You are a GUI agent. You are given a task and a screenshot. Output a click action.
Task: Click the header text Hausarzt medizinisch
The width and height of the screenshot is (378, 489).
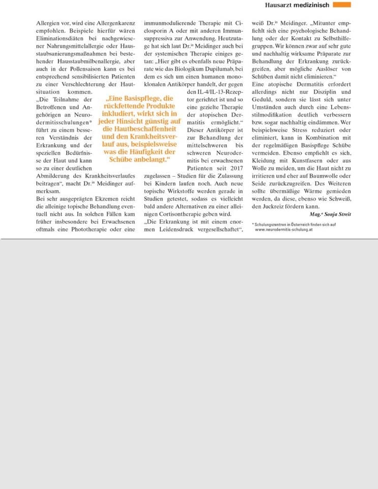pos(297,5)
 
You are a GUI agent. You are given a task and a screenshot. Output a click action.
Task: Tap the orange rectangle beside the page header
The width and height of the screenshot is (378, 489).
pos(342,5)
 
